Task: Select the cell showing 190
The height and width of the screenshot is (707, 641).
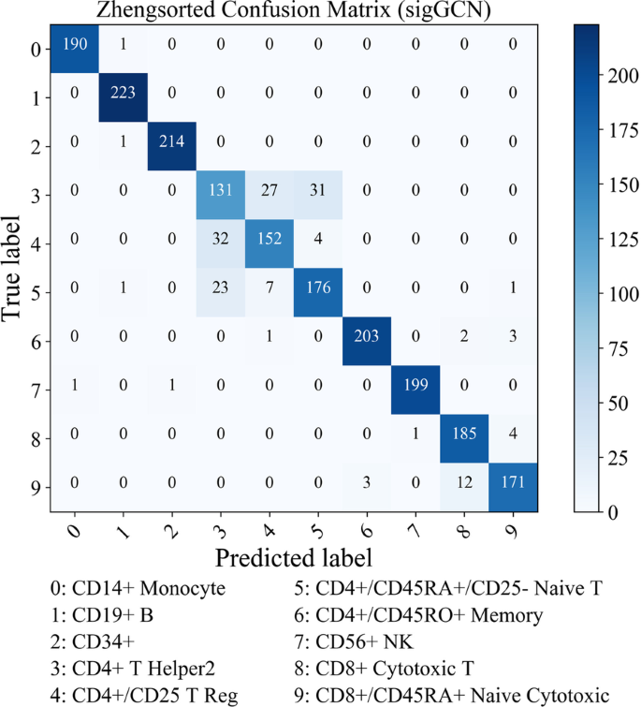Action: point(76,46)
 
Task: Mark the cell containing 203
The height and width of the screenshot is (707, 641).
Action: point(368,338)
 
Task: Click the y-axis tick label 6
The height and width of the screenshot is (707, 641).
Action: point(34,339)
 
